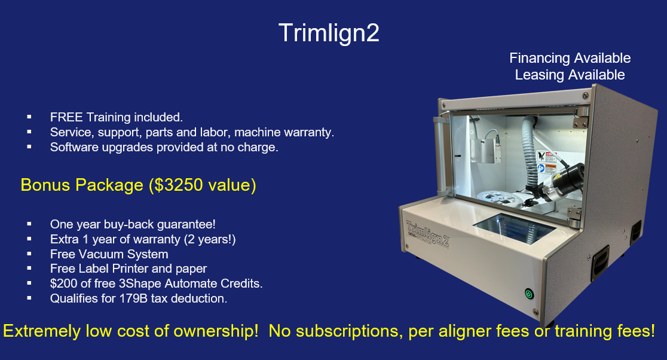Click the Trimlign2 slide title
click(329, 33)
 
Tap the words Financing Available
click(570, 58)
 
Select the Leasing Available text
click(570, 75)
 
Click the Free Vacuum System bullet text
click(109, 254)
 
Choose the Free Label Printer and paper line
click(128, 269)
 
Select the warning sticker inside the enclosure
click(546, 161)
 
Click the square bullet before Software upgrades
click(29, 147)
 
